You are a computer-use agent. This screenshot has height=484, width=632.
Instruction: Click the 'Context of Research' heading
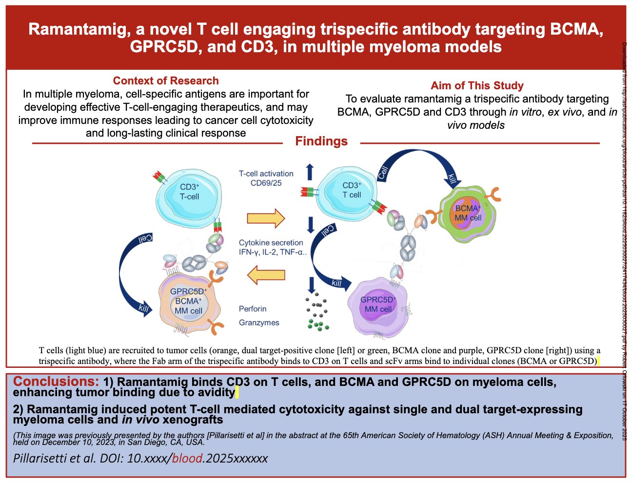166,81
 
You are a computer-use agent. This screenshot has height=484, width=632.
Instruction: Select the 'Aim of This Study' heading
477,86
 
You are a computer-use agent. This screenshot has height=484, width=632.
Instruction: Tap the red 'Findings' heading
321,141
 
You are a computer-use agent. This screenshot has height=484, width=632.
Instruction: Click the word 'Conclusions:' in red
56,382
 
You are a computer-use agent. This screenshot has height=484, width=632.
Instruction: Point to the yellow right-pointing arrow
265,218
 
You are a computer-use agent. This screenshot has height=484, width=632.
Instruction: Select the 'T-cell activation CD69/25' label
266,178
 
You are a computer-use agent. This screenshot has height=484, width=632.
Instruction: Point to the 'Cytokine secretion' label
271,242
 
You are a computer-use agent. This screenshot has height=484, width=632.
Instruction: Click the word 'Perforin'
253,309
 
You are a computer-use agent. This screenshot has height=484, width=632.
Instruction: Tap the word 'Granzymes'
259,323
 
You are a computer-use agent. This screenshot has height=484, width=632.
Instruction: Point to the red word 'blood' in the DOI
187,458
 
